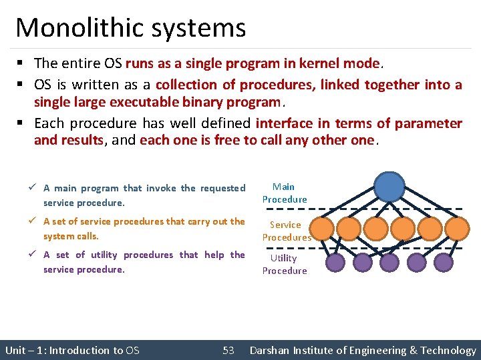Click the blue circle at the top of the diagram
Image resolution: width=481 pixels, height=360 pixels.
tap(389, 186)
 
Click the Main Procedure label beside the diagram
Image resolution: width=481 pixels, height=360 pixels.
tap(285, 193)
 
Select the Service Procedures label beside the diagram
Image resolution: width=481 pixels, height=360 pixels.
tap(286, 231)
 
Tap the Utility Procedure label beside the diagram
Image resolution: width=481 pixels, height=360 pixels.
tap(285, 265)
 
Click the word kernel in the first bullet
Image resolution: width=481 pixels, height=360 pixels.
tap(316, 63)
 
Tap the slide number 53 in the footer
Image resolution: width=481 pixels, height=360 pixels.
tap(228, 350)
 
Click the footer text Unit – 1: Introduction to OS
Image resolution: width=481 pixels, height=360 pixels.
tap(72, 350)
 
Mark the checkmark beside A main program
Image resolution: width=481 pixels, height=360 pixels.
tap(35, 188)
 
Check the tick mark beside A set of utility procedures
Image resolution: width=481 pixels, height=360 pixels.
tap(35, 255)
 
